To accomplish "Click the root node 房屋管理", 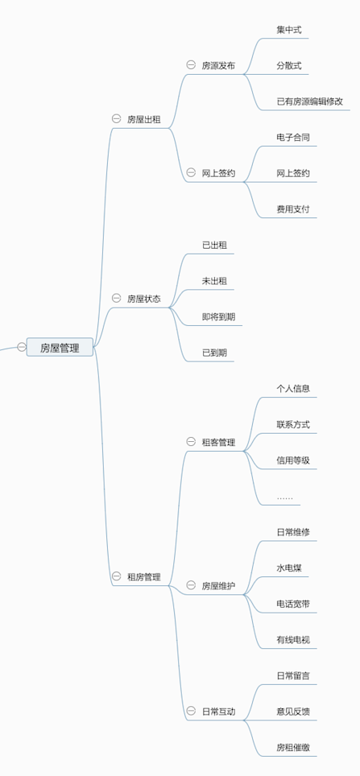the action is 60,348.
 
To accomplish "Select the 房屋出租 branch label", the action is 144,119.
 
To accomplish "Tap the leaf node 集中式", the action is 289,30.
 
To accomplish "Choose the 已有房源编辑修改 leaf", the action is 309,101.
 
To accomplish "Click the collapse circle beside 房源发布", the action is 191,65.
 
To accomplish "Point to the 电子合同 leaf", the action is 293,137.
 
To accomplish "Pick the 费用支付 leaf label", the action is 293,208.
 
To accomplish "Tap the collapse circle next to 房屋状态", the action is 116,298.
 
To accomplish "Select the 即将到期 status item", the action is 218,316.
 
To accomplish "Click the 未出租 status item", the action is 214,281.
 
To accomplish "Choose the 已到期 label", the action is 214,353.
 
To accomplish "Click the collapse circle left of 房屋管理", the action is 21,347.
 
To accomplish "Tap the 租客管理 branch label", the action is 218,442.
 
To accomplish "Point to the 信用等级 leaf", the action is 293,460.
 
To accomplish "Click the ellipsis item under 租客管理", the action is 285,497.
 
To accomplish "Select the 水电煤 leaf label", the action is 289,568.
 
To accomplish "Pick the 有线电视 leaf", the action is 293,639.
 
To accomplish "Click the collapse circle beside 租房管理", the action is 116,576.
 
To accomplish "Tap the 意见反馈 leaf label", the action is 293,711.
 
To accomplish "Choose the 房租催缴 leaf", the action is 293,747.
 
